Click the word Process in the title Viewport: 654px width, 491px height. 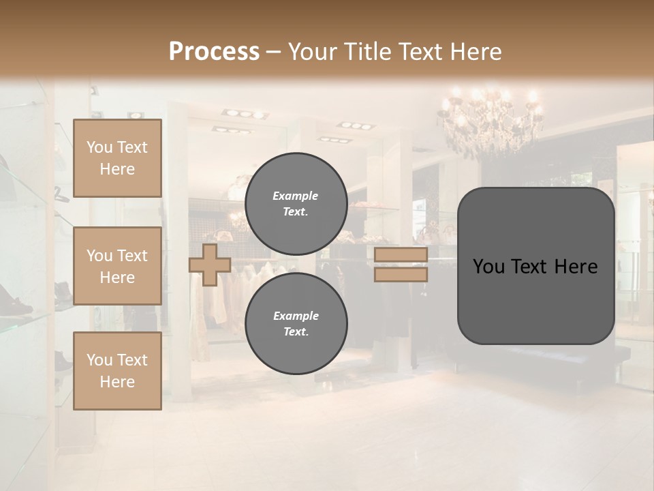point(214,52)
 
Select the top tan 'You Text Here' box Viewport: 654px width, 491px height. point(117,158)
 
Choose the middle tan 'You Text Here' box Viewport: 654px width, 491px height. point(117,266)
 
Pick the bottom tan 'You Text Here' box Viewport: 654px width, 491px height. point(117,371)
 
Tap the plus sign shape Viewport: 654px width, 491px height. point(210,265)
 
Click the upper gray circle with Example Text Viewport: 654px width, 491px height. point(296,203)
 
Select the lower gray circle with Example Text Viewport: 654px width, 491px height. point(296,323)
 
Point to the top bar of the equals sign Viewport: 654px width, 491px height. point(401,255)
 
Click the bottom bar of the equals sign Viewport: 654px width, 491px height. point(401,274)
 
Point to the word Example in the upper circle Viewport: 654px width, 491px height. point(296,196)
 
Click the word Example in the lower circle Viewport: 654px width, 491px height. point(296,316)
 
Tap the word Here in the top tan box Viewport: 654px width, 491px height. point(117,169)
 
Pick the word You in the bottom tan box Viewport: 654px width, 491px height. point(99,360)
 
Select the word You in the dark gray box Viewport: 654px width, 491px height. point(488,267)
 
